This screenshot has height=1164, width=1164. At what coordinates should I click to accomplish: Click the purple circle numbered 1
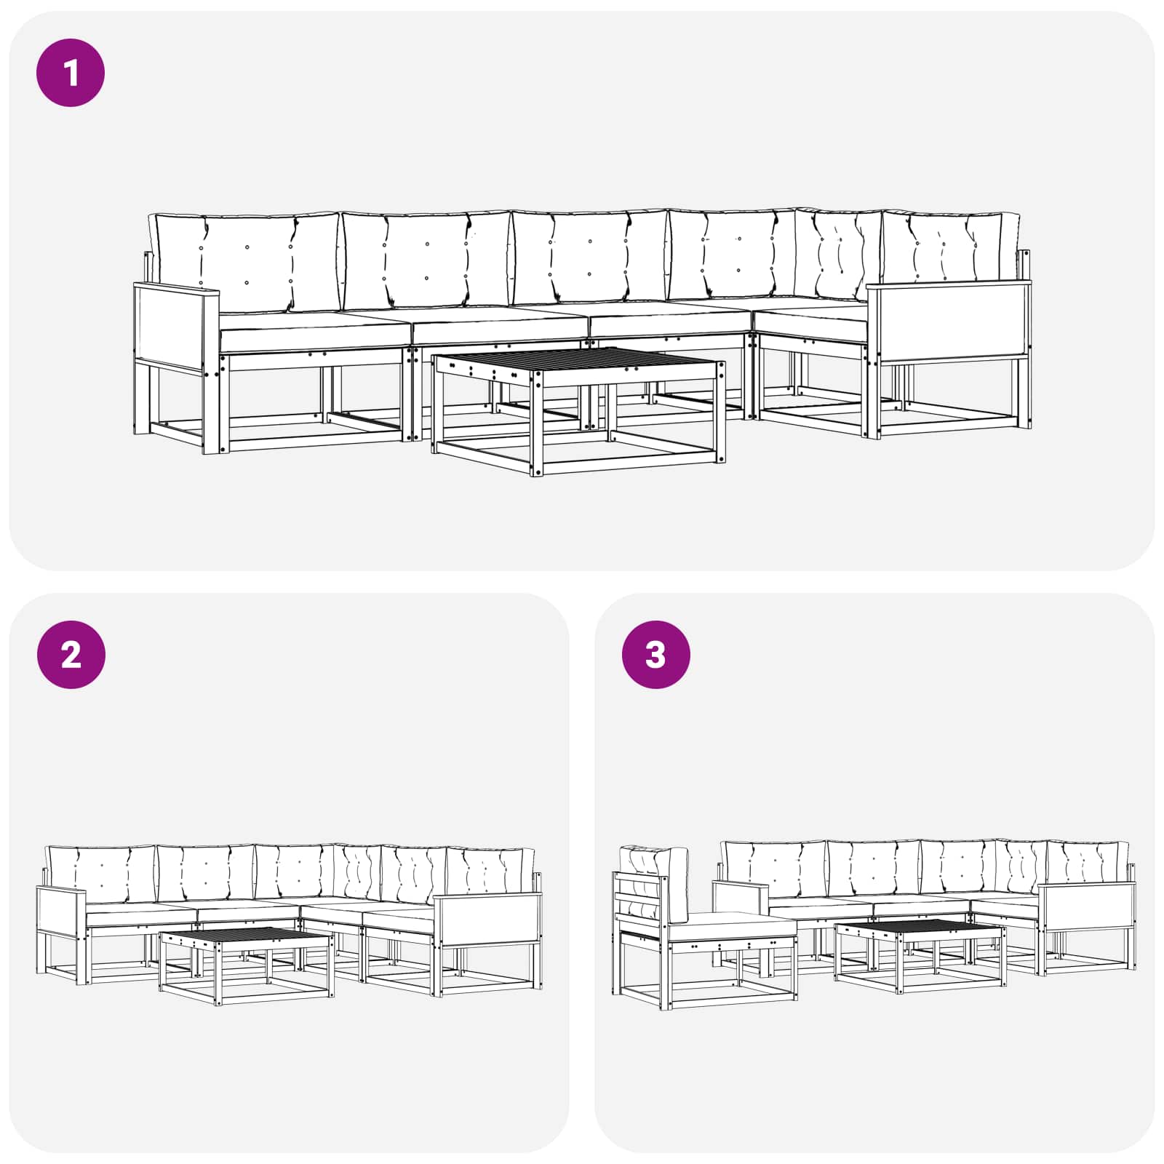pyautogui.click(x=71, y=73)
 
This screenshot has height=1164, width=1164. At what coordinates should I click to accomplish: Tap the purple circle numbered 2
pyautogui.click(x=71, y=655)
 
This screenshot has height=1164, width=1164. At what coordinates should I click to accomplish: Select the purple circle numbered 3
pyautogui.click(x=655, y=655)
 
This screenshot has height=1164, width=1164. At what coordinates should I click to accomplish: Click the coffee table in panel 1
pyautogui.click(x=578, y=411)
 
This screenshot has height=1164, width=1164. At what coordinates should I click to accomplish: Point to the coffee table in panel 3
pyautogui.click(x=920, y=956)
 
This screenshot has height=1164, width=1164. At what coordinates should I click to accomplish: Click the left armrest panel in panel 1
pyautogui.click(x=176, y=325)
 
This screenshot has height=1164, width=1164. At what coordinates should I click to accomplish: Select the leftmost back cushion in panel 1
pyautogui.click(x=244, y=263)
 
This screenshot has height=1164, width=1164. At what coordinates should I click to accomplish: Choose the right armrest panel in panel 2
pyautogui.click(x=488, y=919)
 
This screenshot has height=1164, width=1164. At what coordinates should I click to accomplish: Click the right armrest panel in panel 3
pyautogui.click(x=1087, y=906)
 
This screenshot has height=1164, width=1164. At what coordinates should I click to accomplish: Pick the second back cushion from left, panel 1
pyautogui.click(x=426, y=259)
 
